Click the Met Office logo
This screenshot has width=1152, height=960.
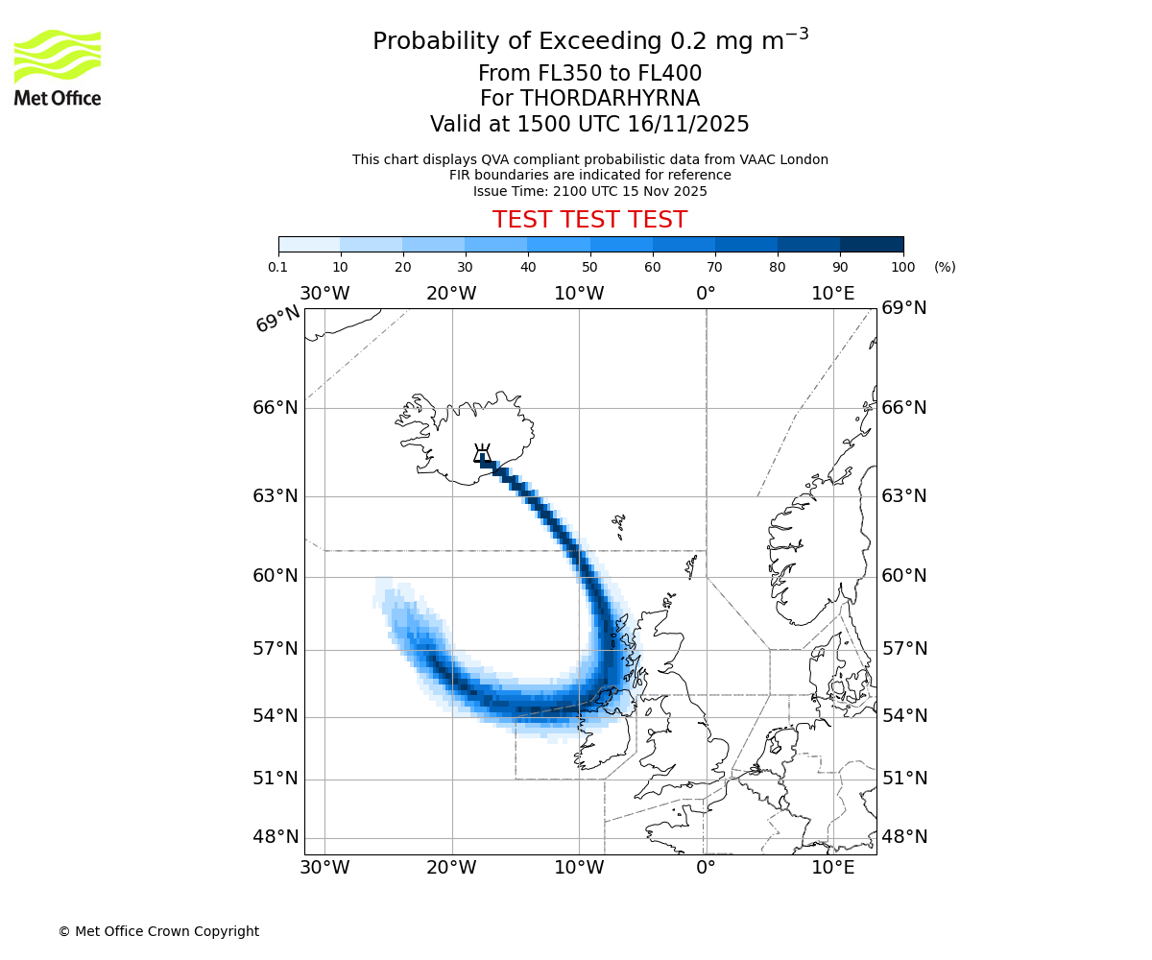pyautogui.click(x=58, y=67)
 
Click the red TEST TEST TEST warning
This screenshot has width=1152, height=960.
pyautogui.click(x=589, y=220)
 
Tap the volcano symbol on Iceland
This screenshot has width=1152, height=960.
pyautogui.click(x=482, y=453)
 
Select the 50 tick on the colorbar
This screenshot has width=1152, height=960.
pyautogui.click(x=589, y=267)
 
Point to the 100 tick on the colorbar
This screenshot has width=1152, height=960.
pyautogui.click(x=902, y=267)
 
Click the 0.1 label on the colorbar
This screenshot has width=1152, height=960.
pyautogui.click(x=278, y=267)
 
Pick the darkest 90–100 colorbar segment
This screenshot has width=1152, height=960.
pyautogui.click(x=872, y=244)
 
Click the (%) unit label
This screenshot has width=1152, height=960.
pyautogui.click(x=945, y=267)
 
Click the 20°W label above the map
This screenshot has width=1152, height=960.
pyautogui.click(x=451, y=293)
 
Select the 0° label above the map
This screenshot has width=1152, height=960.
pyautogui.click(x=706, y=293)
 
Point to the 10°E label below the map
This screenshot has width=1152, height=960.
pyautogui.click(x=833, y=869)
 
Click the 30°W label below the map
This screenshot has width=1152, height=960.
pyautogui.click(x=324, y=869)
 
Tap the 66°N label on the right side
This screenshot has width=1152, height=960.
pyautogui.click(x=904, y=408)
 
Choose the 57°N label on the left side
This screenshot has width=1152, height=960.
pyautogui.click(x=276, y=649)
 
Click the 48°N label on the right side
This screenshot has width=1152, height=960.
pyautogui.click(x=904, y=837)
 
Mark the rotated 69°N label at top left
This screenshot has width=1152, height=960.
pyautogui.click(x=277, y=319)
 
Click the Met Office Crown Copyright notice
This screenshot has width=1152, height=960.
pyautogui.click(x=158, y=931)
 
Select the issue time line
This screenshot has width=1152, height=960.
pyautogui.click(x=589, y=191)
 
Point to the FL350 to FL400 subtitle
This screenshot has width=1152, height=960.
pyautogui.click(x=589, y=74)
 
